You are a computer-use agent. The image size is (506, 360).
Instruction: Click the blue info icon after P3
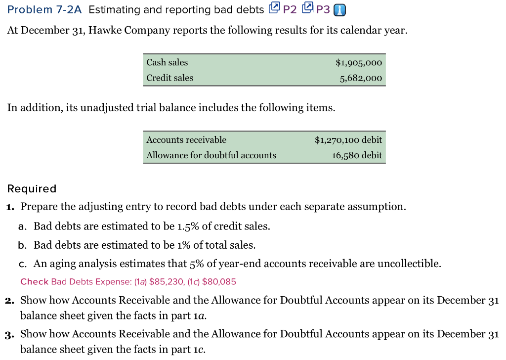(340, 10)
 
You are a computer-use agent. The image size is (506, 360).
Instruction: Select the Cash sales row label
(167, 62)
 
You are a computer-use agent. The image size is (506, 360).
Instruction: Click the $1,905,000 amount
(358, 63)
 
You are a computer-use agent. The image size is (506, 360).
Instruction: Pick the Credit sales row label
(169, 78)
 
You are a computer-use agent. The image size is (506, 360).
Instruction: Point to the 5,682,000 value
(361, 78)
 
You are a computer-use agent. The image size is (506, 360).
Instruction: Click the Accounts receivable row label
(186, 140)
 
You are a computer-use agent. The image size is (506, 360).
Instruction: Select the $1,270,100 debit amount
(348, 140)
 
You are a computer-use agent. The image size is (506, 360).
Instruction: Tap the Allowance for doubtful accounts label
(211, 155)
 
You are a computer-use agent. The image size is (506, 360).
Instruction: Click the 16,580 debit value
(357, 155)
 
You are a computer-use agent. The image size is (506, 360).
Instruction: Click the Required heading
(32, 188)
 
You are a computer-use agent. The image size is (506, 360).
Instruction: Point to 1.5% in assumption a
(188, 226)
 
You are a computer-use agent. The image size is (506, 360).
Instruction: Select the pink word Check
(34, 282)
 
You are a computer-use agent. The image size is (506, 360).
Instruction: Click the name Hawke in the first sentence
(107, 30)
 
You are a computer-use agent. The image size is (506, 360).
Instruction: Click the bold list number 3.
(10, 334)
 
